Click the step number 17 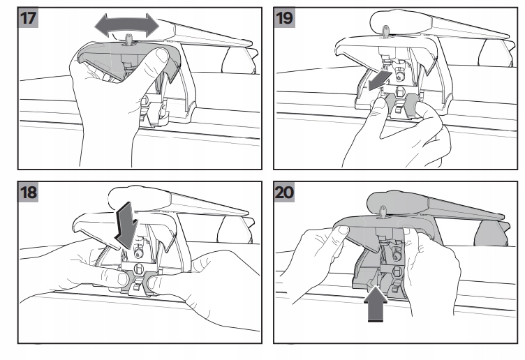28,17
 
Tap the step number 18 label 28,193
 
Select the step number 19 284,17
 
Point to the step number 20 284,193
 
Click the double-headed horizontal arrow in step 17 127,25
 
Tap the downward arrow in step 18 126,225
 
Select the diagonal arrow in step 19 379,80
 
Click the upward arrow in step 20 376,305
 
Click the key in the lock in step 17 128,39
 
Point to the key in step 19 386,31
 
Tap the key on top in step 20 383,211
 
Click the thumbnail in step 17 162,55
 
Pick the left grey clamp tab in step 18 125,280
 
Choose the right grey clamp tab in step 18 148,281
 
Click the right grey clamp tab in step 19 411,105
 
